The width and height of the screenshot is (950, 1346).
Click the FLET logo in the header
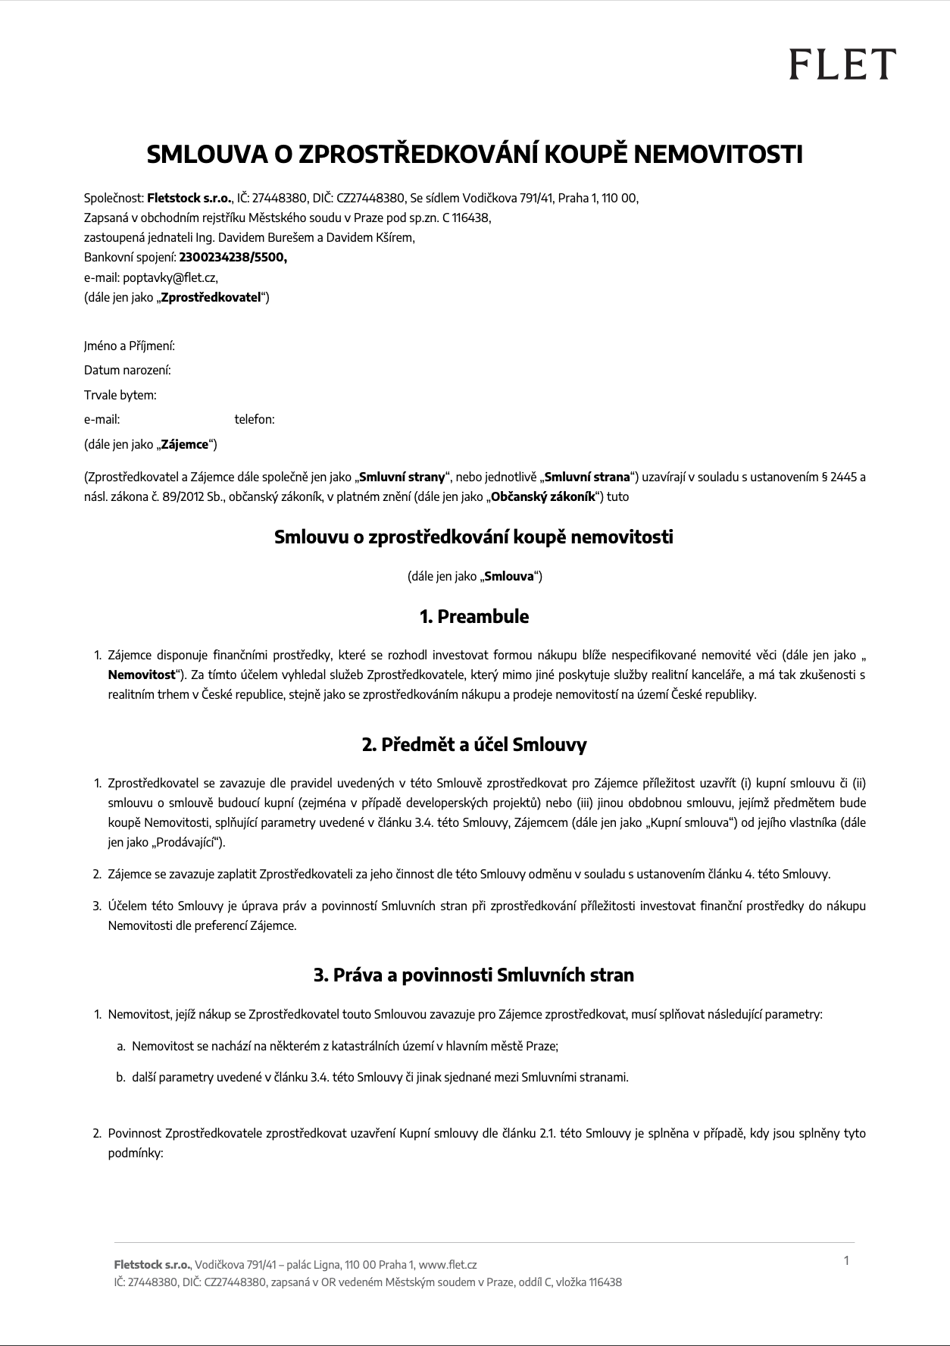pos(842,64)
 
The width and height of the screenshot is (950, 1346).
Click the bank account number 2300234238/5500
pos(233,257)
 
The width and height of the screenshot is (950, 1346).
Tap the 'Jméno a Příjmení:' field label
pos(130,346)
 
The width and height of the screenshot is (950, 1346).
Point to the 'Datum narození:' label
pos(127,371)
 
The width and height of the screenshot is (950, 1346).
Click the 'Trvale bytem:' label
pos(120,395)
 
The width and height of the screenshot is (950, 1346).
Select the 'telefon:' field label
pos(255,419)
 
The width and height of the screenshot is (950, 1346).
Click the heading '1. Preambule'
pos(474,616)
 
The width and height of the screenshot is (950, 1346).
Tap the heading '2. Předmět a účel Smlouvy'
pos(474,744)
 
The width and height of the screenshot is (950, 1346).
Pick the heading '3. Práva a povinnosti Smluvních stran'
pos(474,975)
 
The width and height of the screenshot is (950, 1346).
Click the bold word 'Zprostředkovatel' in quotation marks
pos(211,296)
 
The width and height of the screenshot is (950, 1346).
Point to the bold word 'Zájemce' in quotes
pos(185,444)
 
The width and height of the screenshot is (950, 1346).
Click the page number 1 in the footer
pos(846,1260)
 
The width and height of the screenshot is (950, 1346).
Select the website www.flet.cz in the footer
pos(448,1265)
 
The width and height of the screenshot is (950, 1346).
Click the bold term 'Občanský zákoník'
pos(543,497)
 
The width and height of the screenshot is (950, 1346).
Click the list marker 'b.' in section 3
pos(121,1077)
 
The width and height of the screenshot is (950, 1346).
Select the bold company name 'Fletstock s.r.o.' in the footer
pos(152,1265)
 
